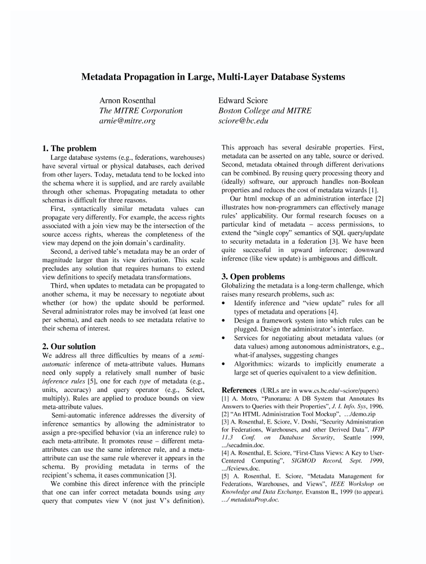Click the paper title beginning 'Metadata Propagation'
213,76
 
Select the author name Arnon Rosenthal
131,100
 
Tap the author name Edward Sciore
243,100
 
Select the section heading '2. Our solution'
69,346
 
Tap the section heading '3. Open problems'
253,276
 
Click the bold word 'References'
239,390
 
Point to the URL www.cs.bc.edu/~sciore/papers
339,390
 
